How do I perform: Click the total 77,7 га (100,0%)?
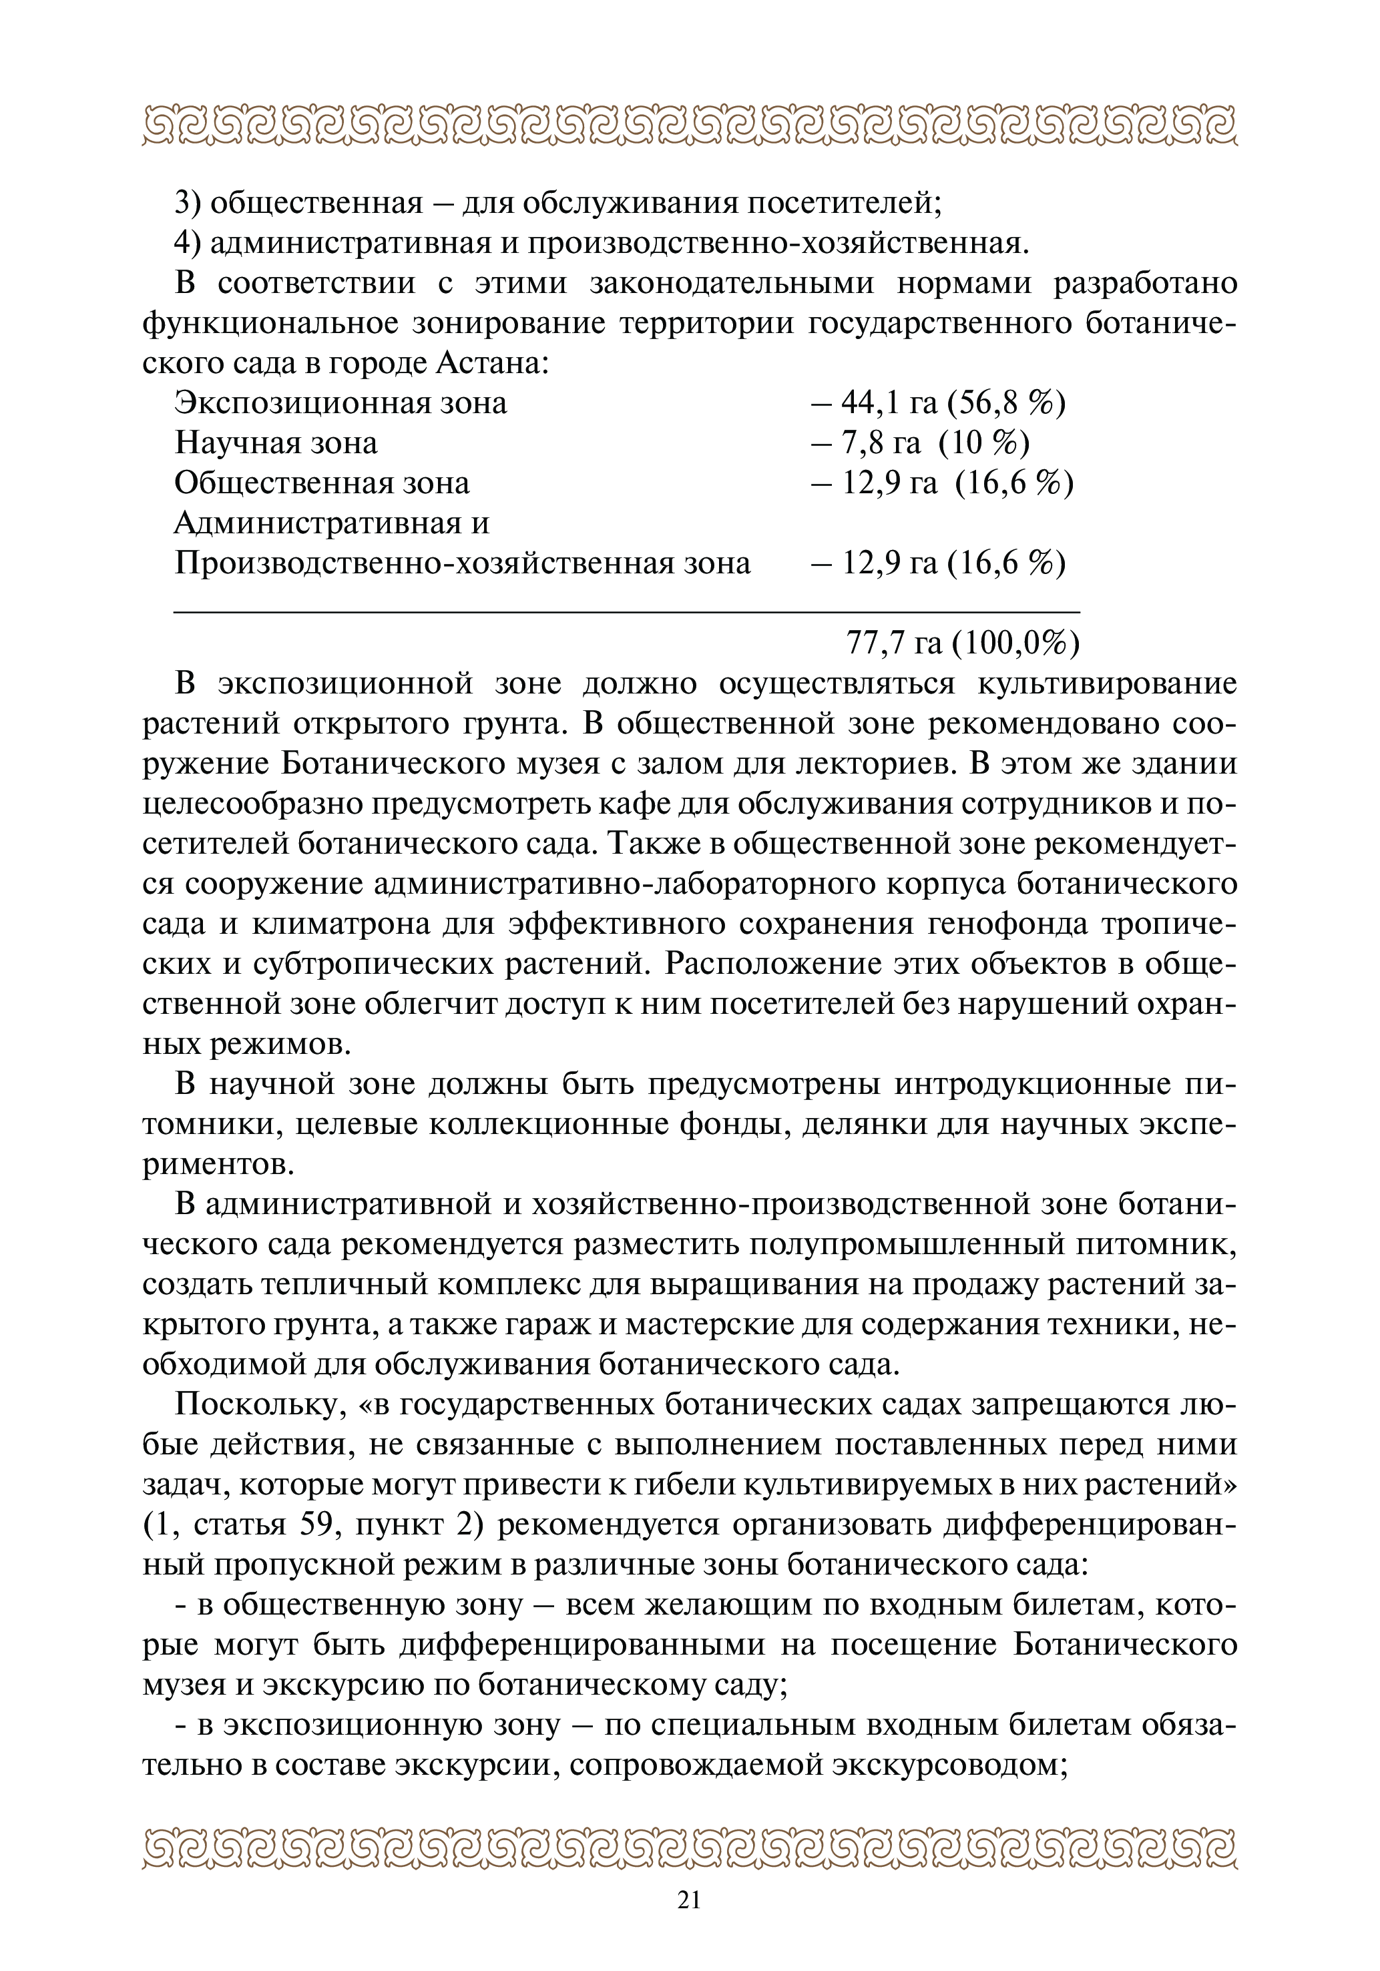click(962, 642)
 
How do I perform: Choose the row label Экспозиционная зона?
click(341, 403)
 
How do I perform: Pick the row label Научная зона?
click(276, 443)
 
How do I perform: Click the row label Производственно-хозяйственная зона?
click(462, 564)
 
